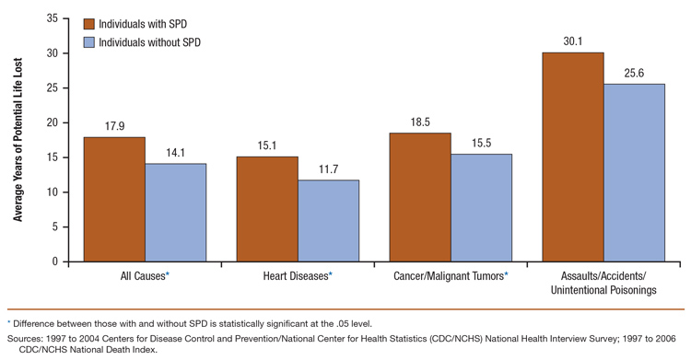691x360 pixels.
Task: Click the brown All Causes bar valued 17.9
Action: tap(114, 199)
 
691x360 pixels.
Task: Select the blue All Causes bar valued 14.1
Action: tap(175, 213)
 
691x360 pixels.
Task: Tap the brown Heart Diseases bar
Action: tap(267, 209)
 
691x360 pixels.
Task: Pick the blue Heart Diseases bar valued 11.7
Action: tap(328, 221)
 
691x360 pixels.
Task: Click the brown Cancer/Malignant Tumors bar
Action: tap(420, 197)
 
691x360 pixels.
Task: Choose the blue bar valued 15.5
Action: tap(481, 207)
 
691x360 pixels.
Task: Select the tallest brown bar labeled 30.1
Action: tap(573, 157)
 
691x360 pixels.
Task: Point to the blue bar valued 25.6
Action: tap(634, 172)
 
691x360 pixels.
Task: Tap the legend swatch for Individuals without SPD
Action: tap(90, 42)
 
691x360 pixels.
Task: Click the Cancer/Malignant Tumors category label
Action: tap(451, 276)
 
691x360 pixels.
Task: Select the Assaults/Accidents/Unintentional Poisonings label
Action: tap(603, 283)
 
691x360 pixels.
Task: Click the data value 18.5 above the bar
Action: tap(420, 122)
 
